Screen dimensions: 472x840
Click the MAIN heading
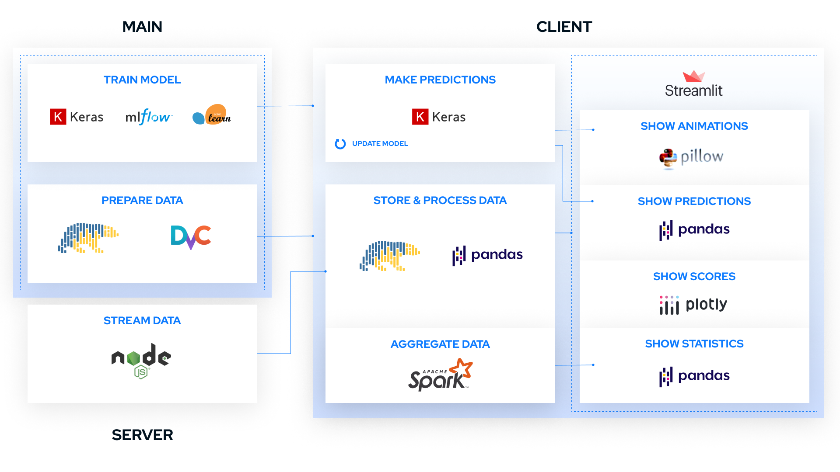(x=142, y=27)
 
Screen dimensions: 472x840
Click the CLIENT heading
(x=564, y=27)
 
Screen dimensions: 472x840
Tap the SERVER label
(x=142, y=435)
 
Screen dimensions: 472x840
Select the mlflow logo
(x=149, y=117)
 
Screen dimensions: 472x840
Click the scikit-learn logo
(x=212, y=115)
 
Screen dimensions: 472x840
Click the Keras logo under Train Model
(x=77, y=117)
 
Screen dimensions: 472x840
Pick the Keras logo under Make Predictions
(x=439, y=117)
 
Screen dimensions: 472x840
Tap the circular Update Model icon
(x=340, y=144)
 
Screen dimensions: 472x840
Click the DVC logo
(x=191, y=236)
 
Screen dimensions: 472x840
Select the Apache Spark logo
(x=440, y=375)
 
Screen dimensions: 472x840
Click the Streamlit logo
(x=693, y=84)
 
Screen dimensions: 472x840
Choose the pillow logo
(x=691, y=157)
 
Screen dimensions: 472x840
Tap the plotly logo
(x=693, y=305)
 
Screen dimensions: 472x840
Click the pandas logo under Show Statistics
(x=694, y=376)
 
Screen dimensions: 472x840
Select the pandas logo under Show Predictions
(x=694, y=229)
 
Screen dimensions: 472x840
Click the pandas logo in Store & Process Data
(x=487, y=255)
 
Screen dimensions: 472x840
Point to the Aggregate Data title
(x=440, y=344)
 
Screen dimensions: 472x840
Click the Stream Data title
(x=142, y=321)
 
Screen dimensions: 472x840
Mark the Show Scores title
(x=694, y=277)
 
